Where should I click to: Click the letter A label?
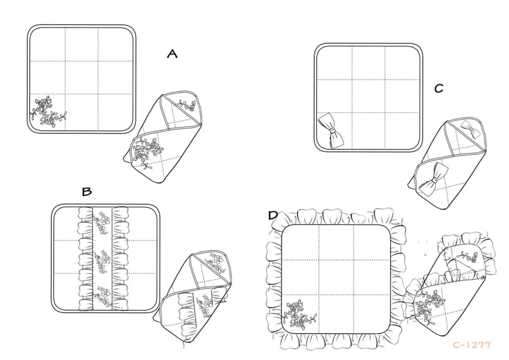172,54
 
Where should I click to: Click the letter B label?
87,191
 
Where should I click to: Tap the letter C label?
439,89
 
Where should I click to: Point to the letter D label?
273,215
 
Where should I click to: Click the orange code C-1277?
472,345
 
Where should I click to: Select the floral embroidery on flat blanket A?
49,111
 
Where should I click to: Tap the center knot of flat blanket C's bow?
332,130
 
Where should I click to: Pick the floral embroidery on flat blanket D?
299,316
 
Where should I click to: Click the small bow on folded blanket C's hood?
469,128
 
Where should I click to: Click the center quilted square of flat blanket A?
82,78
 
